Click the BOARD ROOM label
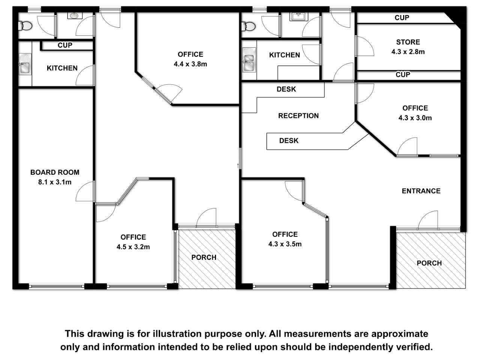click(55, 172)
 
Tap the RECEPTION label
click(298, 115)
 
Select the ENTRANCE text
click(421, 191)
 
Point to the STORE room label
click(408, 42)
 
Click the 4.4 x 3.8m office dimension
click(190, 64)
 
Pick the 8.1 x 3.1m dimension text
click(55, 182)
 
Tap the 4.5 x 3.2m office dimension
click(133, 247)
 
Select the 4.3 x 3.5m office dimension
click(285, 244)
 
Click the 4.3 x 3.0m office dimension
click(415, 118)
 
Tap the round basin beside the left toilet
click(75, 16)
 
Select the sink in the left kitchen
click(25, 64)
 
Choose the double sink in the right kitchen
click(249, 60)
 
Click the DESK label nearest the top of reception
click(286, 89)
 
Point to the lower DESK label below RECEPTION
click(289, 141)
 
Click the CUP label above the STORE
click(402, 18)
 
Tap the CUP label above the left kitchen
click(65, 45)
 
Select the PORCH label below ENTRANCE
click(429, 263)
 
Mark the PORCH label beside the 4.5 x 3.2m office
click(204, 257)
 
